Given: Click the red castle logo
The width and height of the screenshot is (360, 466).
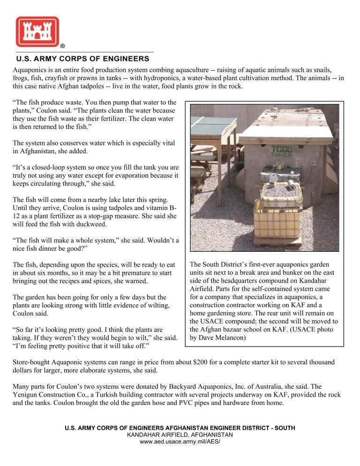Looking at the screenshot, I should coord(37,31).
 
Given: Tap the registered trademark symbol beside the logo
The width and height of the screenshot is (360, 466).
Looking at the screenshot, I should coord(62,46).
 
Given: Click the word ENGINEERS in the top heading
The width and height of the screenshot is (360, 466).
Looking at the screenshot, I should coord(124,59).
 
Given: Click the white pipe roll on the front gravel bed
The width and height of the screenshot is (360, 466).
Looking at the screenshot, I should coord(292,185).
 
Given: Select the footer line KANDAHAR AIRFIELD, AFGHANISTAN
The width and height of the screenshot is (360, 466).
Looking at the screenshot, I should coord(180,435).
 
